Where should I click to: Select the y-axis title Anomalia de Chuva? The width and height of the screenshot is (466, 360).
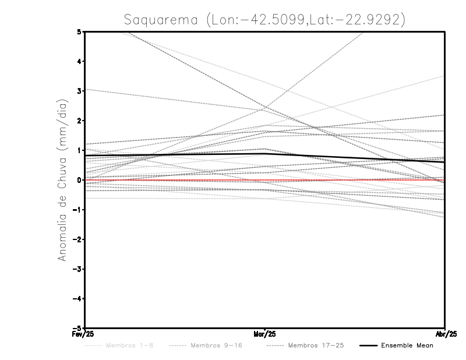pos(62,180)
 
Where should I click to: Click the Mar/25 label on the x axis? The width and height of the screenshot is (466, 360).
pos(265,334)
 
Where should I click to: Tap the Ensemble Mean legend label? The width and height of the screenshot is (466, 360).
pos(407,345)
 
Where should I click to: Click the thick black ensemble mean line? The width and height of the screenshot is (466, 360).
pos(175,155)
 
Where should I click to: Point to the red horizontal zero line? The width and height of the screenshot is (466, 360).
pos(349,180)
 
